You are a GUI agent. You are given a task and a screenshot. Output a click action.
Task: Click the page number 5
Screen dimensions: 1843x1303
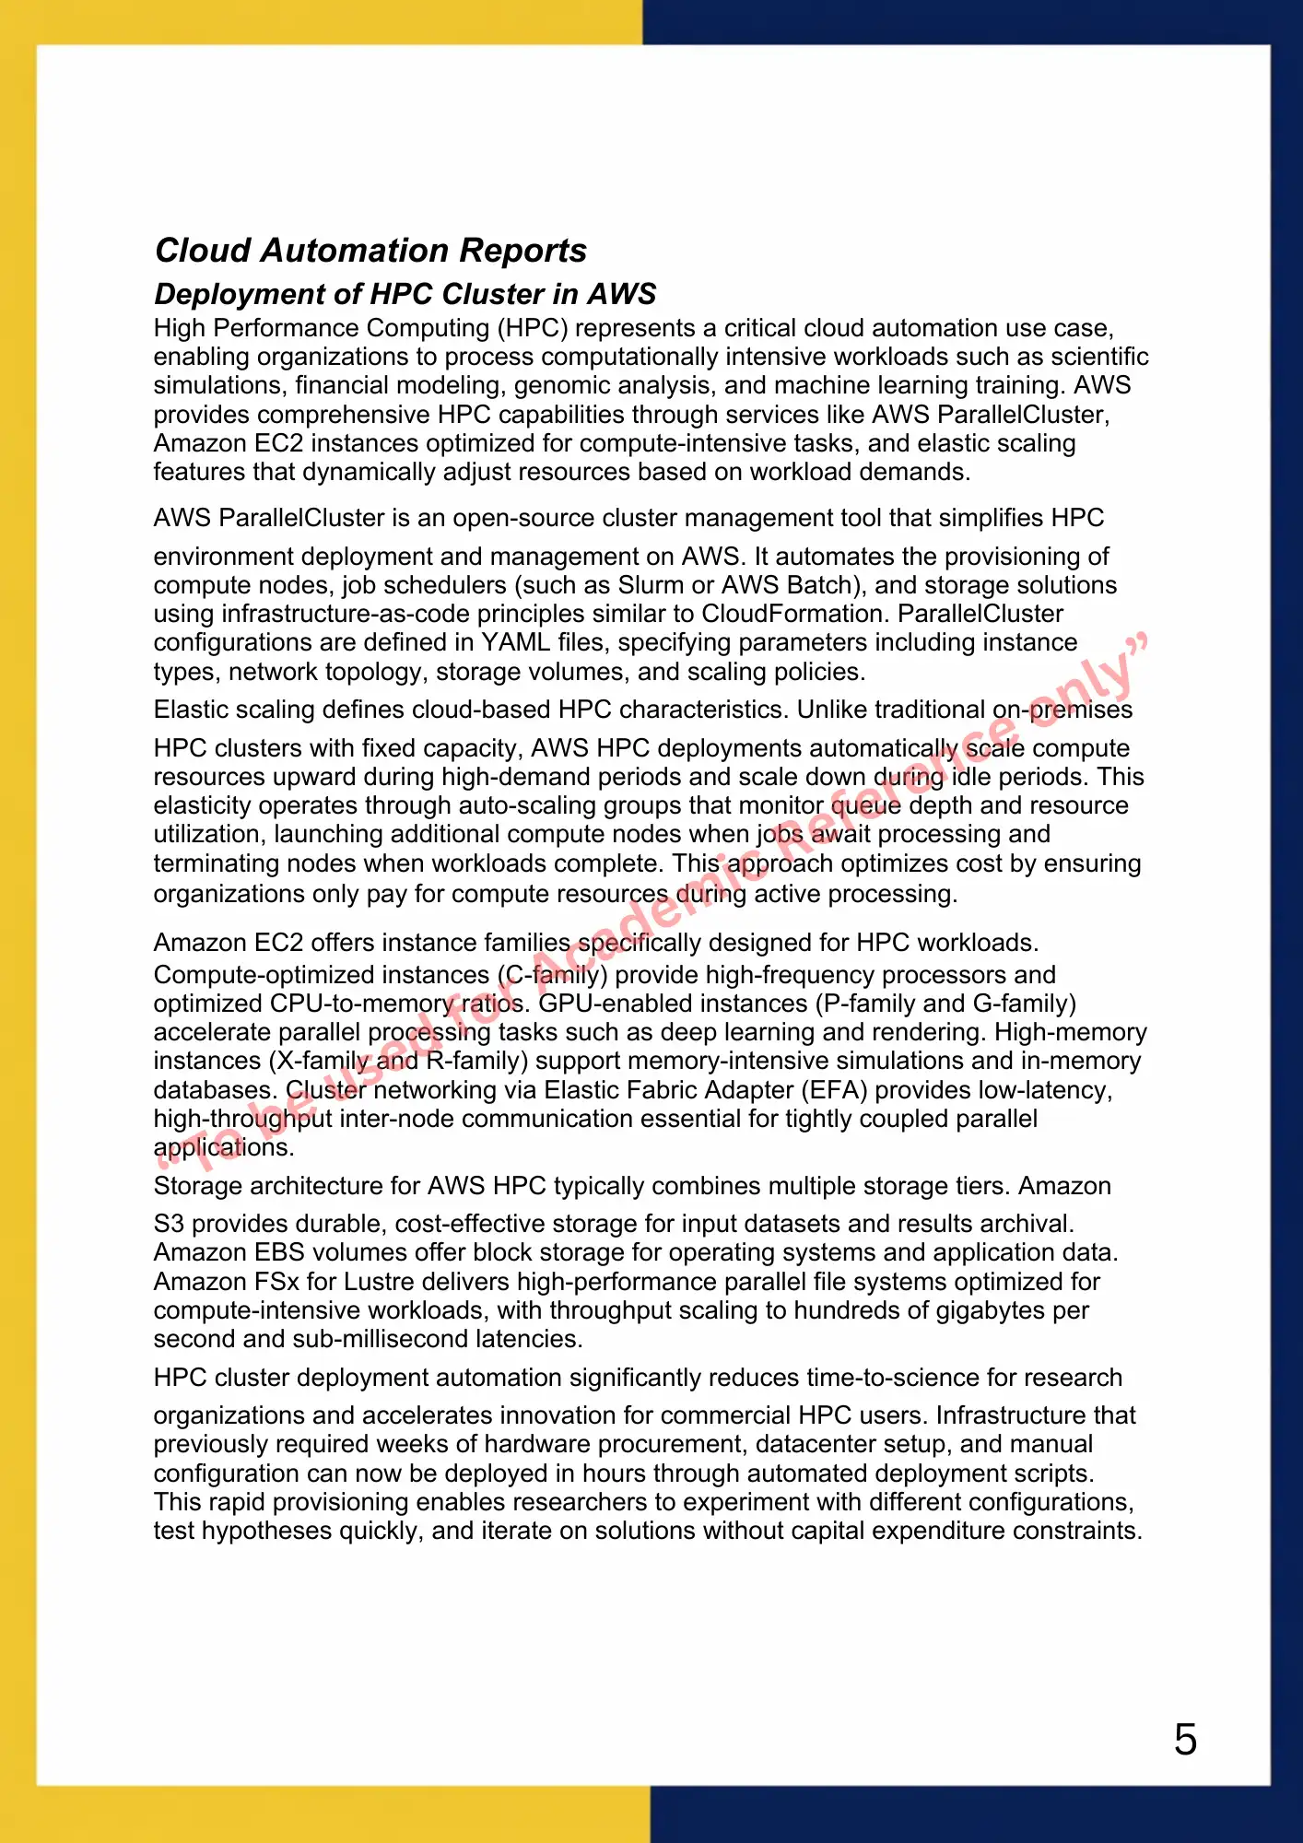[x=1185, y=1740]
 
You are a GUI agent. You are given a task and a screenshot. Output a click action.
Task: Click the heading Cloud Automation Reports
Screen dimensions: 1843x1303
[x=370, y=251]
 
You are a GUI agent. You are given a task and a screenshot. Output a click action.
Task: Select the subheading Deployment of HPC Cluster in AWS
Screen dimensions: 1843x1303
[x=405, y=294]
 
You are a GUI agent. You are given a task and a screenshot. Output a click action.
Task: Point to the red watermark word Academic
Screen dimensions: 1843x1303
[x=645, y=931]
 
